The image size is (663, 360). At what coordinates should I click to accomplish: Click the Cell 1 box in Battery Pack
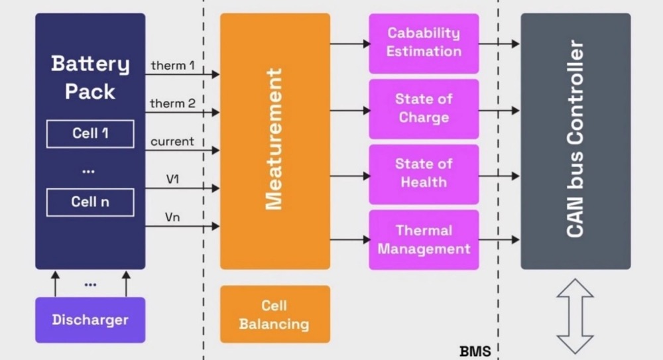[90, 134]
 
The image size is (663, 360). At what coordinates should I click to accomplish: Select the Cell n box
[90, 202]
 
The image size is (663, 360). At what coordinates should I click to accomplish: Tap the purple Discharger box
[90, 320]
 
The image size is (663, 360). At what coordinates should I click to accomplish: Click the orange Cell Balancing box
[274, 314]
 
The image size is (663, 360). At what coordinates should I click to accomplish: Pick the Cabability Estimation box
[424, 42]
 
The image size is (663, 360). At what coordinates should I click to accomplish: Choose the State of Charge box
[424, 109]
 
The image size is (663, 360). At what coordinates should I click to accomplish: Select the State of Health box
[424, 174]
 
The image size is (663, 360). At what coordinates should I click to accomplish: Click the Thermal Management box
[424, 239]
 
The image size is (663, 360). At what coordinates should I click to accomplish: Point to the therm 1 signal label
[173, 65]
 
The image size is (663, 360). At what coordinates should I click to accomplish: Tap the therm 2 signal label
[173, 103]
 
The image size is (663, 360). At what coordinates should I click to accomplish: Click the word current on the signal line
[172, 141]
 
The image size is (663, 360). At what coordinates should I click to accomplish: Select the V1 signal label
[172, 179]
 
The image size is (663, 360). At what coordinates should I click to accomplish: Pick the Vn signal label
[172, 217]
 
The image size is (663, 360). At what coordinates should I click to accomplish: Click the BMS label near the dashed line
[475, 351]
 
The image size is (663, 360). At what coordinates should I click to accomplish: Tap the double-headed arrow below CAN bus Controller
[575, 316]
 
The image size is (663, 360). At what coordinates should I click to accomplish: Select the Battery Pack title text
[90, 77]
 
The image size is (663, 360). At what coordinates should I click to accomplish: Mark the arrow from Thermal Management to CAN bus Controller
[499, 239]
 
